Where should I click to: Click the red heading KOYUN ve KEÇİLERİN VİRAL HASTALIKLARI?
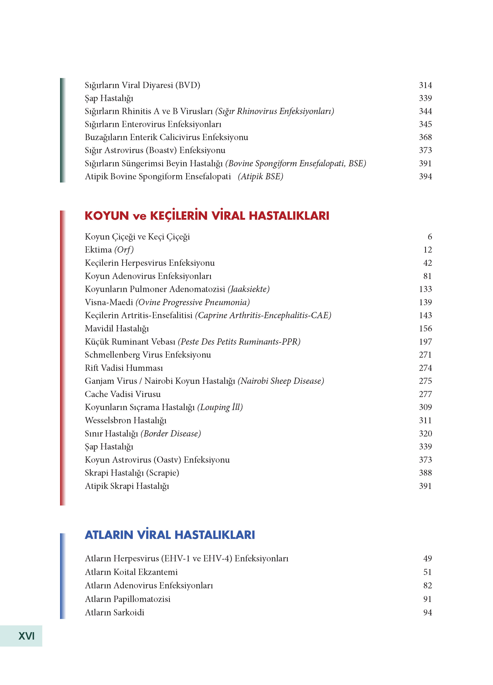tap(207, 216)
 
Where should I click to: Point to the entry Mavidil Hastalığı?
tap(117, 328)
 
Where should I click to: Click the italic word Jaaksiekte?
tap(249, 289)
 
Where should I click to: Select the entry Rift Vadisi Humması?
tap(124, 368)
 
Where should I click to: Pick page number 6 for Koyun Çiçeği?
tap(430, 237)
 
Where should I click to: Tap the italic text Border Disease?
tap(171, 433)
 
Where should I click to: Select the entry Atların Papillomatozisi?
tap(128, 599)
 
